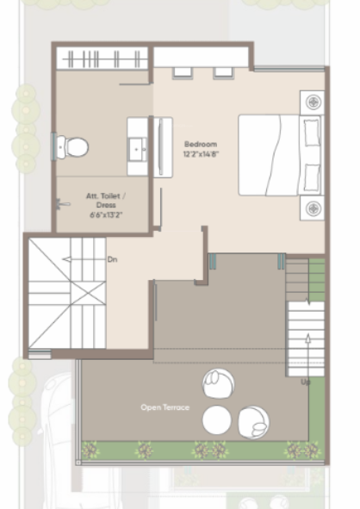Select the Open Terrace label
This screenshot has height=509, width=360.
point(164,407)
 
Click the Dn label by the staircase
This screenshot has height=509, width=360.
point(112,258)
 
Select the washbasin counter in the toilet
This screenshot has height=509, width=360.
point(139,146)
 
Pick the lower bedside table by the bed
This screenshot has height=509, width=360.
point(311,208)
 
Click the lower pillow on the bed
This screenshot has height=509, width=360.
point(310,177)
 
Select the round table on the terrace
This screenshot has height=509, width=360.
point(217,420)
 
